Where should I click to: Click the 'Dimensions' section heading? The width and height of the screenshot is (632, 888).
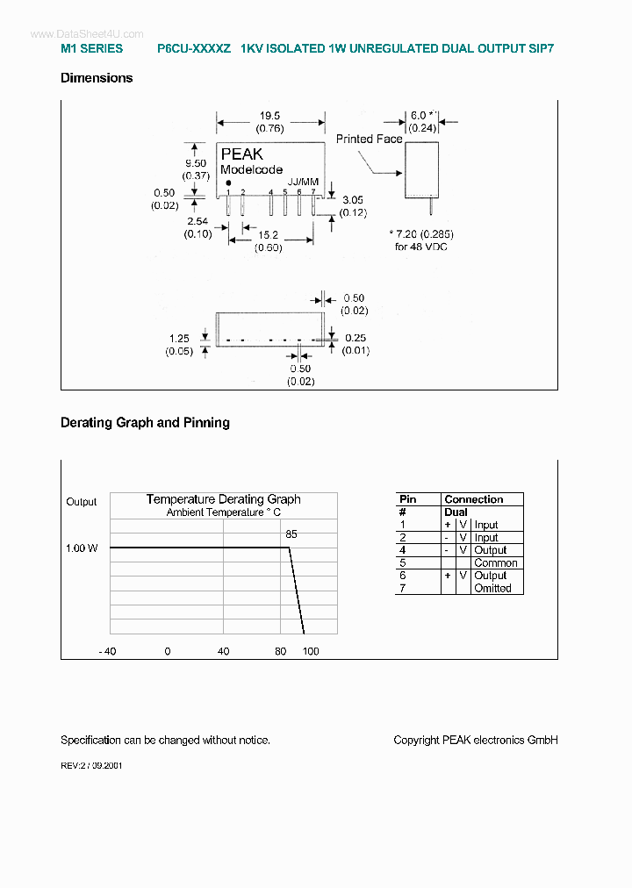click(x=97, y=78)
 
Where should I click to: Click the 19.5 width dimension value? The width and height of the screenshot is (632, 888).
click(x=269, y=116)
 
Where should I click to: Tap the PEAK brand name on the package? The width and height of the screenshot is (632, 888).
click(x=241, y=154)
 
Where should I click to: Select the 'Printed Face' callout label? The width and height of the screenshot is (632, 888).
click(x=369, y=139)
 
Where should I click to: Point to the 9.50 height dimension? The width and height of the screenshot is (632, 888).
click(x=195, y=163)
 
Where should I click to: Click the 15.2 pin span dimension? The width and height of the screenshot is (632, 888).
click(x=269, y=235)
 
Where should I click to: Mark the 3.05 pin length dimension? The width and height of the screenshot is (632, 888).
click(x=354, y=200)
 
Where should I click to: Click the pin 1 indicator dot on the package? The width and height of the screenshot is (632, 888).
click(x=228, y=183)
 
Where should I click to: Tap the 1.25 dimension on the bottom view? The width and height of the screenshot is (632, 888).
click(x=180, y=338)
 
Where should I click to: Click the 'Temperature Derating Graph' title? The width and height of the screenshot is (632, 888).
click(x=223, y=499)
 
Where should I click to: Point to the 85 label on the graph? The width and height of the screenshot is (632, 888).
click(x=291, y=534)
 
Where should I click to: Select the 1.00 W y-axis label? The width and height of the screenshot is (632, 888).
click(x=82, y=548)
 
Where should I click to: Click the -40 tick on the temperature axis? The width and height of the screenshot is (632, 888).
click(x=107, y=651)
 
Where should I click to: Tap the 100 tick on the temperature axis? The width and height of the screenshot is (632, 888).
click(x=311, y=651)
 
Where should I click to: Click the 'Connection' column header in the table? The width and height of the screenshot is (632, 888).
click(x=474, y=499)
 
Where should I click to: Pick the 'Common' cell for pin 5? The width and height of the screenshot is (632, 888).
click(x=496, y=563)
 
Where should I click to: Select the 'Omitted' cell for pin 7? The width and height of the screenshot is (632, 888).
click(x=492, y=588)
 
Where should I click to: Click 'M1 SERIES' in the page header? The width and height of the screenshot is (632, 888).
click(x=92, y=49)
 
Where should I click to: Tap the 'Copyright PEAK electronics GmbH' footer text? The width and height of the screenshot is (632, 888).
click(x=476, y=740)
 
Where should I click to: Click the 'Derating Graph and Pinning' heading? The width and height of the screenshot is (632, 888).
click(x=145, y=423)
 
